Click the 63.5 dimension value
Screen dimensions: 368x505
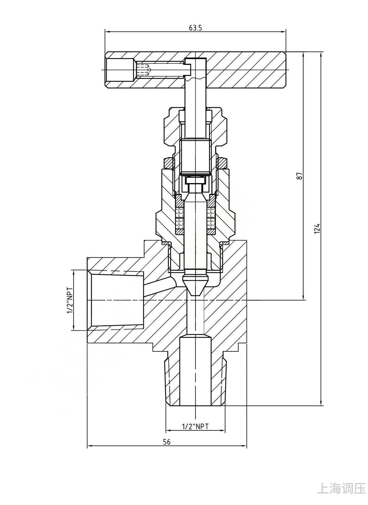(195, 28)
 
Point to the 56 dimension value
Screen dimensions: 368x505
(167, 442)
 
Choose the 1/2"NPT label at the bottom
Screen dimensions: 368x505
(195, 426)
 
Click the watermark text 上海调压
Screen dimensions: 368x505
(342, 488)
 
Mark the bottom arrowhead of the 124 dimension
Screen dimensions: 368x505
(321, 403)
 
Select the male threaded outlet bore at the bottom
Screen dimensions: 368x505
(195, 371)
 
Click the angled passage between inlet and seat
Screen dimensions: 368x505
(160, 287)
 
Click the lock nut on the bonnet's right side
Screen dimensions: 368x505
(222, 163)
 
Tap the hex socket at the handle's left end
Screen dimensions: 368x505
(120, 70)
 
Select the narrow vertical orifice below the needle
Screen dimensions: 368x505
(195, 316)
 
